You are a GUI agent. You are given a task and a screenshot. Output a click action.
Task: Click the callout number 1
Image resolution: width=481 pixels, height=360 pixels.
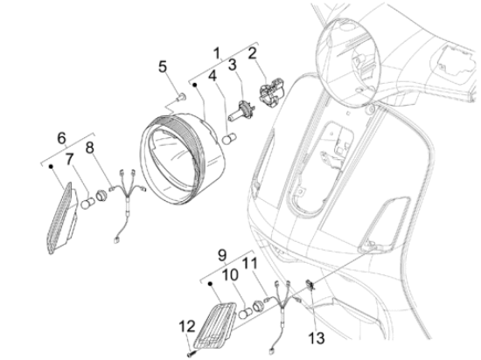click(x=217, y=53)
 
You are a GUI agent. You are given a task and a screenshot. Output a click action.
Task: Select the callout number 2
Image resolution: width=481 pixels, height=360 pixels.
click(x=252, y=53)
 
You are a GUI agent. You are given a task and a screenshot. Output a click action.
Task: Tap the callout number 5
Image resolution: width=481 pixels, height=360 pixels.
click(x=163, y=66)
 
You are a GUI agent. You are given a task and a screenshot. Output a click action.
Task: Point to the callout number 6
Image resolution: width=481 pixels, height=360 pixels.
click(x=61, y=138)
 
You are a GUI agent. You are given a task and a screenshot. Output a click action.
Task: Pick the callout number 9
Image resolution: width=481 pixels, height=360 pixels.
click(x=222, y=254)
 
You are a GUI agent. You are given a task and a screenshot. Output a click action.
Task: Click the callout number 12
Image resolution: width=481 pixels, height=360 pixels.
click(x=186, y=327)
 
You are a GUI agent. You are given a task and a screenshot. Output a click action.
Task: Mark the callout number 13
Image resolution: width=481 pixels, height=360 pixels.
click(x=317, y=338)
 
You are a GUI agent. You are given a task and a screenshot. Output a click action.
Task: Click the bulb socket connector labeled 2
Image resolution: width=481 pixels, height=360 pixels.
click(x=271, y=93)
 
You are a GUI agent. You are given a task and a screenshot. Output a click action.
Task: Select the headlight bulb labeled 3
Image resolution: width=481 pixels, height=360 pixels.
click(x=241, y=111)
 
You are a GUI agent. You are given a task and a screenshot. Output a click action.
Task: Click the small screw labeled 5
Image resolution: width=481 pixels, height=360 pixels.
click(x=181, y=97)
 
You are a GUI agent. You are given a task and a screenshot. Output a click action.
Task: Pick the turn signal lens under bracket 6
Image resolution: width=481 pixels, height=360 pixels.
click(x=62, y=218)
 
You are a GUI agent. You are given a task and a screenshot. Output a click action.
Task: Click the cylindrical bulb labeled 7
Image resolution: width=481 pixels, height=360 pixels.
click(x=88, y=203)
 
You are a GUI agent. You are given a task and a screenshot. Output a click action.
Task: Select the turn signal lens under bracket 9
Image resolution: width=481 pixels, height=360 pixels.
click(x=215, y=325)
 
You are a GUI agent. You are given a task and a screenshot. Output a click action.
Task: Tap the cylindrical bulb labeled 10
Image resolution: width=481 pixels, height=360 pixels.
click(x=246, y=314)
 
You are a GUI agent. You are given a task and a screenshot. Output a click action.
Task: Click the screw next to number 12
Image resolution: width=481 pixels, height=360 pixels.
click(x=190, y=354)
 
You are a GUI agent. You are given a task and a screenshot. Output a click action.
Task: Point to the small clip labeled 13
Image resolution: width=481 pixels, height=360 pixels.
click(x=310, y=285)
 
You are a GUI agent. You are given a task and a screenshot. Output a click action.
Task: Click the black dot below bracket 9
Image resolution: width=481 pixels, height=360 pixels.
click(x=210, y=284)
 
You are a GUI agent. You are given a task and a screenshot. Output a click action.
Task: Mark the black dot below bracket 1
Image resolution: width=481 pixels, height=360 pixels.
click(x=194, y=85)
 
